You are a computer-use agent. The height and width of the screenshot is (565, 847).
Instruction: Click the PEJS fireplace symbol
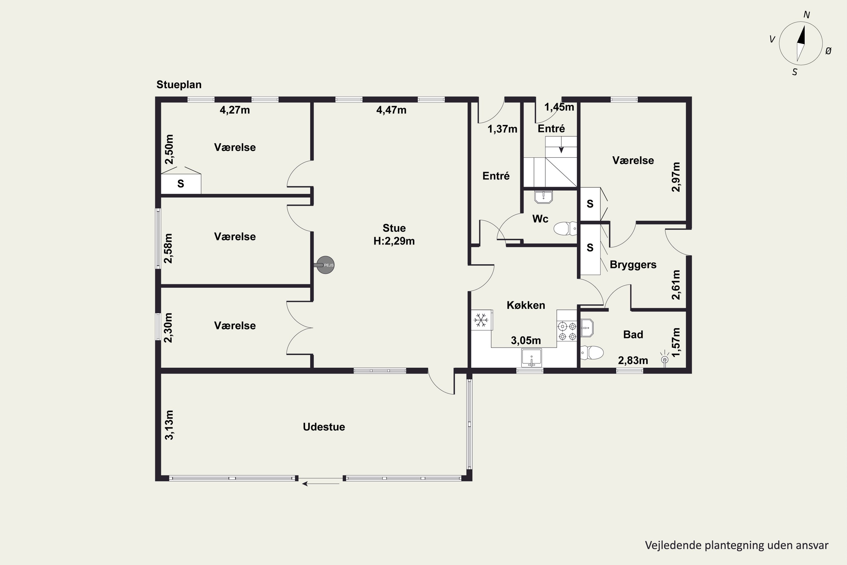[325, 265]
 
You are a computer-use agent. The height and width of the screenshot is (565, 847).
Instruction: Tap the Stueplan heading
[179, 85]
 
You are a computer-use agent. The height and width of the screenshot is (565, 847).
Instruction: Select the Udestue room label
[324, 427]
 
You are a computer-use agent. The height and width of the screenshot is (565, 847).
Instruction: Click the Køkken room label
[526, 305]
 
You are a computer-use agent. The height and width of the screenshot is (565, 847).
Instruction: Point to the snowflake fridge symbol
[481, 320]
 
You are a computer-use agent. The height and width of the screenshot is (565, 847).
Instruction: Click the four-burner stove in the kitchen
[567, 331]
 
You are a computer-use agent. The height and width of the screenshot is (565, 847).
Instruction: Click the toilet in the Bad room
[592, 353]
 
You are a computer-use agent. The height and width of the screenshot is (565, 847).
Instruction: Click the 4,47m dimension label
[391, 110]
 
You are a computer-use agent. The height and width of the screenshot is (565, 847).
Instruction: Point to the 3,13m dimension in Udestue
[169, 425]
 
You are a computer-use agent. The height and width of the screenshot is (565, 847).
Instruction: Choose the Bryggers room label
[633, 265]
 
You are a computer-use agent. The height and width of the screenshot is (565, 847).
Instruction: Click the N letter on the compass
[807, 15]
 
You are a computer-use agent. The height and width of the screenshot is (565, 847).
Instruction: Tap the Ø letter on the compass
[828, 51]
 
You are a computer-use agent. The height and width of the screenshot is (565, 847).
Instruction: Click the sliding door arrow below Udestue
[320, 484]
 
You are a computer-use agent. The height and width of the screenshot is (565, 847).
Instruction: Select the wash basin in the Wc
[543, 197]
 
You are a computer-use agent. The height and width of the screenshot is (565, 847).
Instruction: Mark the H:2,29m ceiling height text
[394, 241]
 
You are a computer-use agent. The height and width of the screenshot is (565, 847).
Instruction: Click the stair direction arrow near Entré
[561, 149]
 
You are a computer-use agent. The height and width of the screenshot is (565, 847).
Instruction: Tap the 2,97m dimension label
[676, 177]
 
